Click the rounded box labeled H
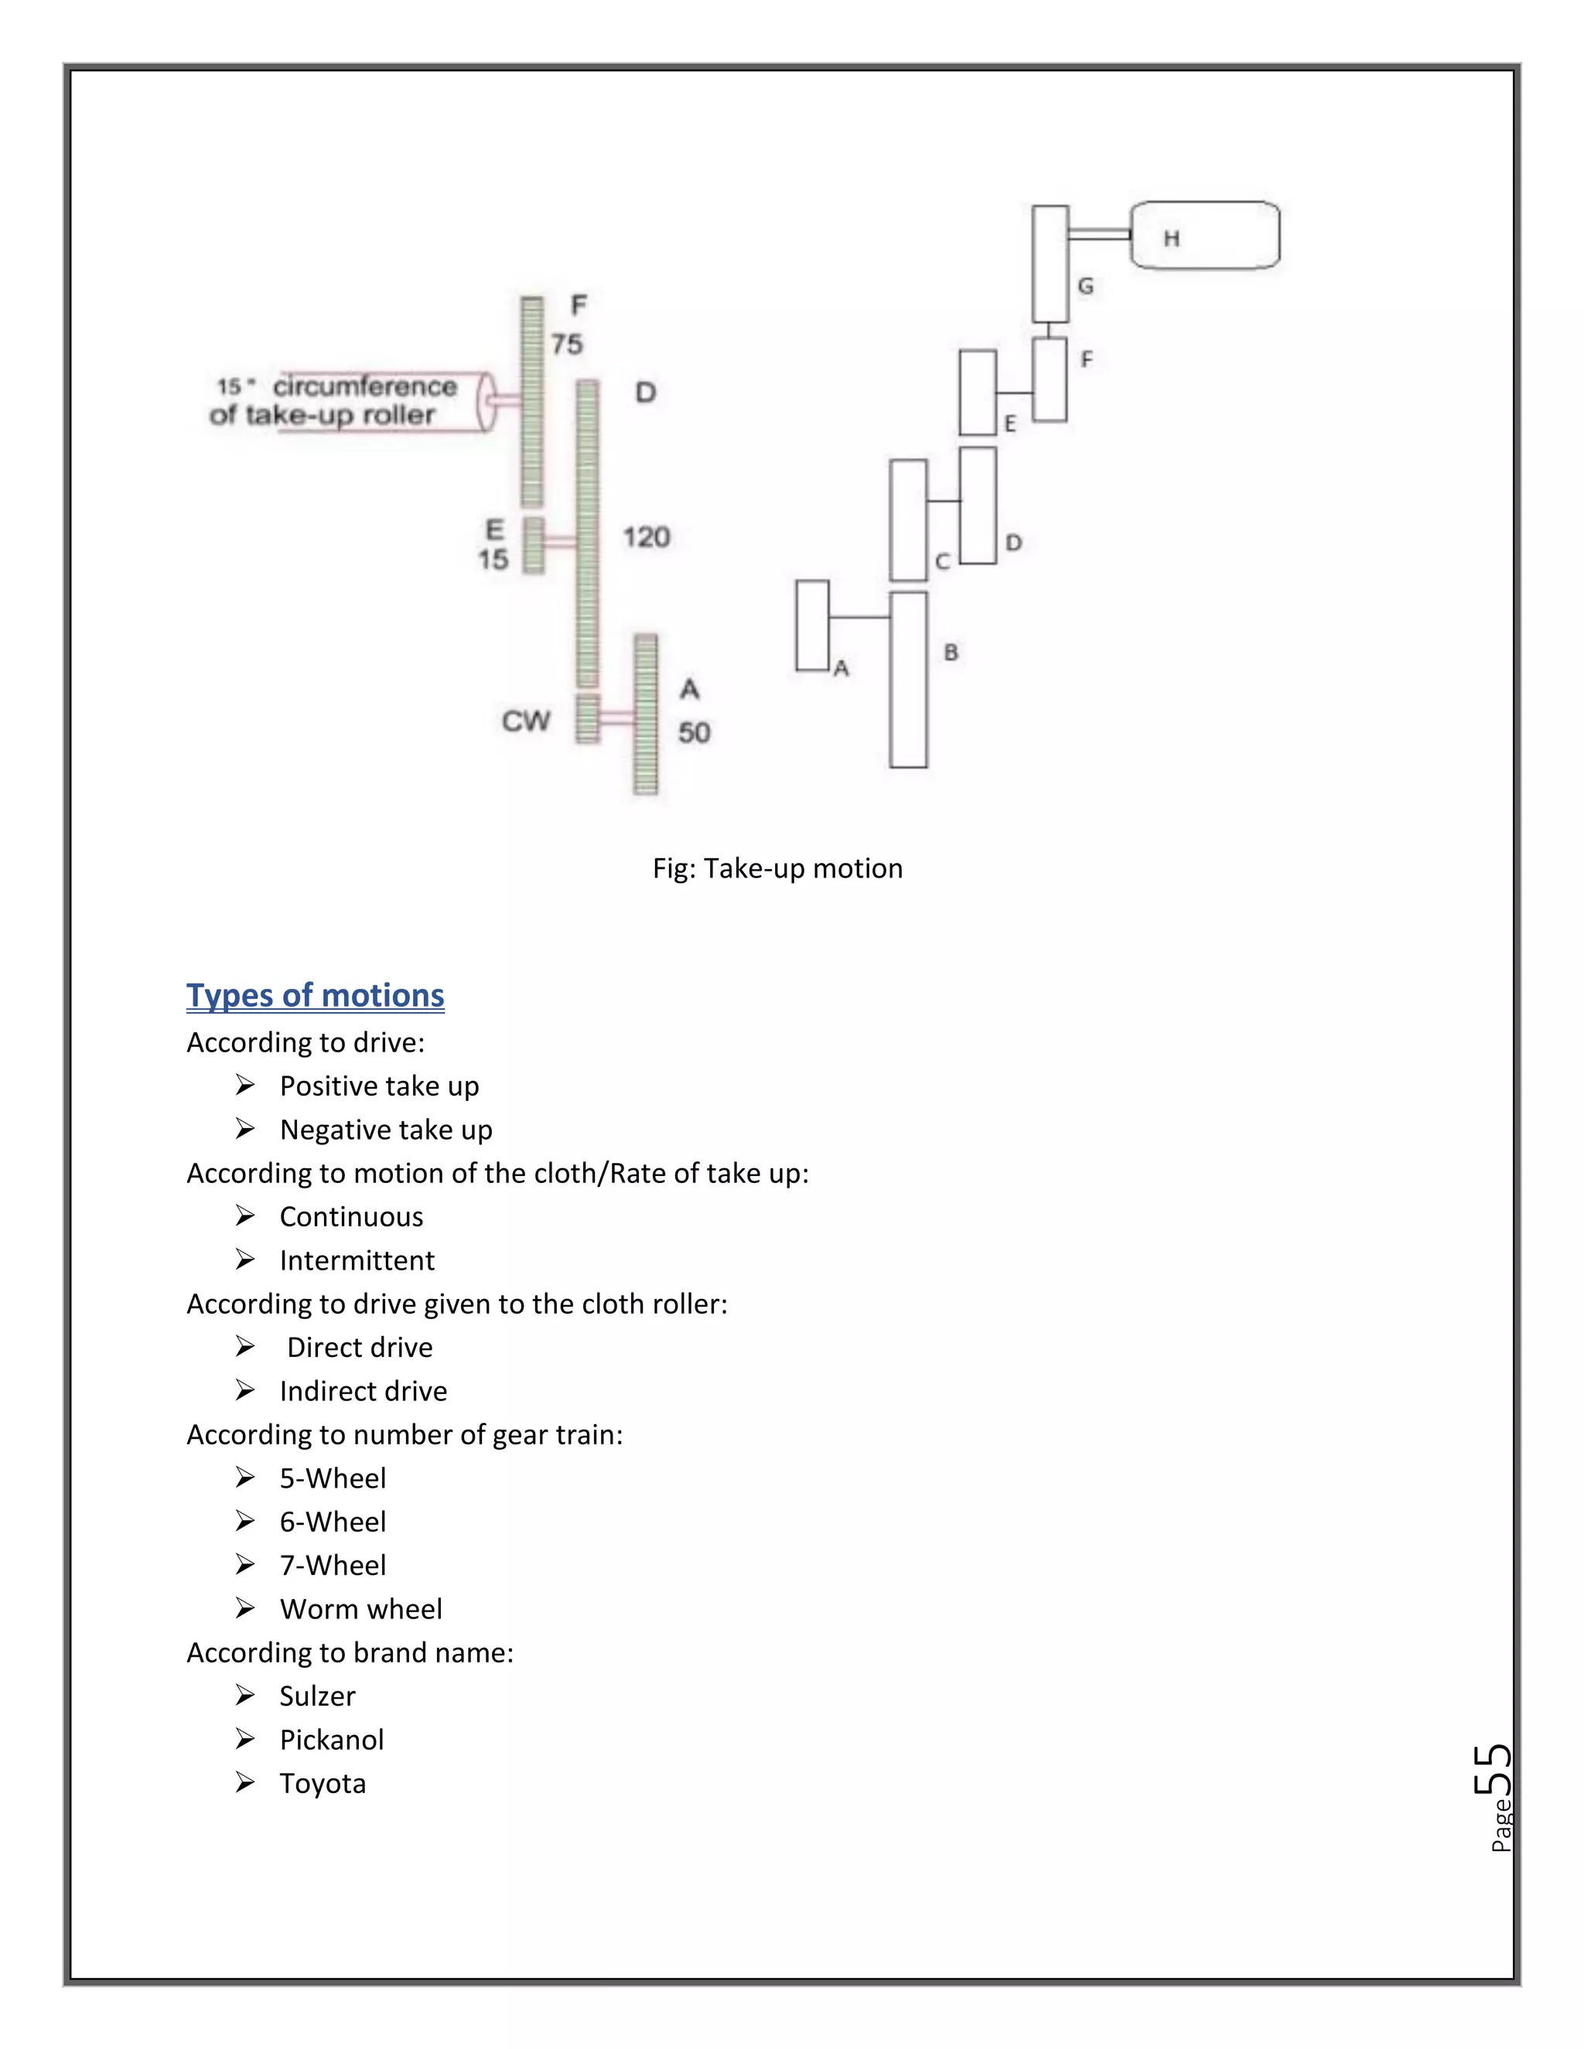[1205, 236]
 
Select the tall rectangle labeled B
[908, 679]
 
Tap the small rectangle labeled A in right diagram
[811, 625]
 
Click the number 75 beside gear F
[567, 344]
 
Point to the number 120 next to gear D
[647, 537]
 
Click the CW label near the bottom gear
[525, 721]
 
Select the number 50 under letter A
[695, 733]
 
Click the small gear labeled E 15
[533, 545]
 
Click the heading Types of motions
[316, 995]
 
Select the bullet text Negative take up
[386, 1130]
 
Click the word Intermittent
[357, 1260]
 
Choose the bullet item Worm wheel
[360, 1609]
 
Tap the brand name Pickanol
[331, 1740]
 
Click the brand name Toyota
[322, 1784]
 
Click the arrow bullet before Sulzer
[245, 1696]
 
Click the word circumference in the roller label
[365, 387]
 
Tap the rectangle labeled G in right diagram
[1050, 264]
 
